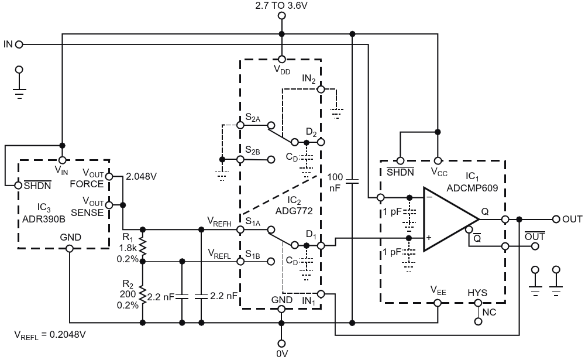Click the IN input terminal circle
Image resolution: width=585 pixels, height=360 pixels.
coord(19,44)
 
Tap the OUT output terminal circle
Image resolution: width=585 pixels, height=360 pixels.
coord(556,219)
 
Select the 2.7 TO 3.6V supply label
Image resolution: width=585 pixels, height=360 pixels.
coord(281,5)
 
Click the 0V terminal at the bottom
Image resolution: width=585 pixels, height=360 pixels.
coord(282,344)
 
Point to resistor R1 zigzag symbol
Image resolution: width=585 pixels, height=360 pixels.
coord(142,245)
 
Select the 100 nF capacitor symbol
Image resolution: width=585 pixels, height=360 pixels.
coord(352,181)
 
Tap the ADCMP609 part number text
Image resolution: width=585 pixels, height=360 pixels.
coord(472,188)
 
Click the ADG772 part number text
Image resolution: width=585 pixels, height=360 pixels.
coord(294,211)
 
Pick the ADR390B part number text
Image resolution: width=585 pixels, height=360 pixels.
coord(44,219)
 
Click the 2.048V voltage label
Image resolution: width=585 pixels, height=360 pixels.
coord(141,176)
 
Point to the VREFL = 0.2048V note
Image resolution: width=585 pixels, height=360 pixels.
coord(50,335)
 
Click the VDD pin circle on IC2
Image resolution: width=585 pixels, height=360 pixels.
coord(282,59)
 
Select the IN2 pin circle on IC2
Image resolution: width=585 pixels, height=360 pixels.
coord(321,89)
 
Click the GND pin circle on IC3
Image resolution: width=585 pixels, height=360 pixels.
coord(70,248)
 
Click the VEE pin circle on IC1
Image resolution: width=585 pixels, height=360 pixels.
coord(438,303)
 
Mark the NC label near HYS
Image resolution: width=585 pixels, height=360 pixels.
coord(489,312)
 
